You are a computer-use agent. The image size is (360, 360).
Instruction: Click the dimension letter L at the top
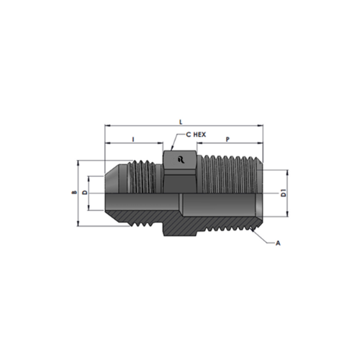coord(181,122)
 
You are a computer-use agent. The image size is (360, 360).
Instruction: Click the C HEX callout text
coord(196,135)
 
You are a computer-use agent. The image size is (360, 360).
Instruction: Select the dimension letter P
coord(228,139)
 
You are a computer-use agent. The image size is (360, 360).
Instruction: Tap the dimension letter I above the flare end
coord(133,139)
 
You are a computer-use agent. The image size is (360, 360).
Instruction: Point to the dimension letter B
coord(75,192)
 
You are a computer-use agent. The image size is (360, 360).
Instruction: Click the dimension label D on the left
coord(85,192)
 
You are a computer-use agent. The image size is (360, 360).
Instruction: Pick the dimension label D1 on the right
coord(284,193)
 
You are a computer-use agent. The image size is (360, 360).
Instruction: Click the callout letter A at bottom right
coord(278,243)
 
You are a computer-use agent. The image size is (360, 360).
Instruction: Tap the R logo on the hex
coord(181,160)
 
